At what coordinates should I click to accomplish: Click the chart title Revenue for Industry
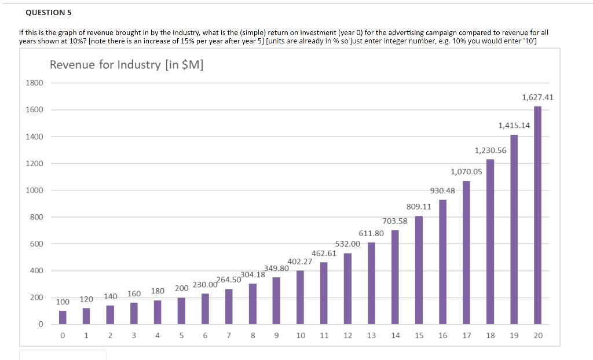tap(126, 64)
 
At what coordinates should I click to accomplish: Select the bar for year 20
tap(537, 215)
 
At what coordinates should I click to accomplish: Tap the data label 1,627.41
tap(537, 97)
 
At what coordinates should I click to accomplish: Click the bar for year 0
tap(63, 317)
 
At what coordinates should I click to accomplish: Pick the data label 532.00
tap(347, 244)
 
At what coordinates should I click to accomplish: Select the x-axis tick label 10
tap(301, 336)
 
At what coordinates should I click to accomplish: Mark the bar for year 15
tap(419, 270)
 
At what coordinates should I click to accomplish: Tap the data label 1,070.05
tap(466, 171)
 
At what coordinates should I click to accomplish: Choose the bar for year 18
tap(490, 241)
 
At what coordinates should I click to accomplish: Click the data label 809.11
tap(419, 206)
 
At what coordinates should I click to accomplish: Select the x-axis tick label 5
tap(181, 336)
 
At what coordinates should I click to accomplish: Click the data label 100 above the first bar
tap(63, 302)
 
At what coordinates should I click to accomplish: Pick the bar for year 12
tap(347, 288)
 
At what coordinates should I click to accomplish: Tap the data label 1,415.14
tap(514, 125)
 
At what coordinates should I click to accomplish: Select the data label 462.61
tap(324, 253)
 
